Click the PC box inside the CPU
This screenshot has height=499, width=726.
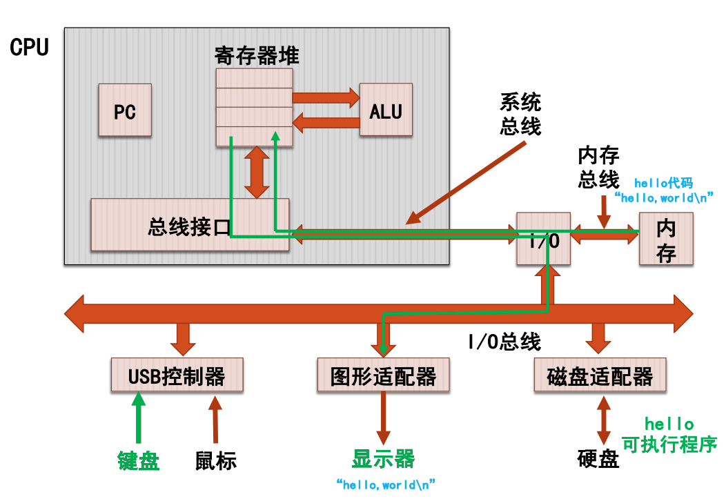click(x=125, y=111)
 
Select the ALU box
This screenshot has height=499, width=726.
click(x=386, y=110)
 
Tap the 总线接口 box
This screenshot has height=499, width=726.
click(x=190, y=225)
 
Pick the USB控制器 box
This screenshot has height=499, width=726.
click(x=177, y=375)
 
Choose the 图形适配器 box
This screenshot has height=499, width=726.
click(x=383, y=375)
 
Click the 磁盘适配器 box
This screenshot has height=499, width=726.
click(x=600, y=375)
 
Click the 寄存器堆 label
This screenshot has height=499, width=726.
click(x=256, y=55)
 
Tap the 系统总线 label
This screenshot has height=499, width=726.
click(x=520, y=115)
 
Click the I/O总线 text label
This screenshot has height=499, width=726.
click(x=504, y=341)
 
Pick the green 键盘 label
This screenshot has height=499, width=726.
click(x=139, y=460)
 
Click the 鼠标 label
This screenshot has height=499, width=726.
click(x=215, y=460)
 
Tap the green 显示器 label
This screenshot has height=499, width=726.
click(x=383, y=458)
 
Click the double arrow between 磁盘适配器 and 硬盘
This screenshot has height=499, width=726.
click(x=604, y=420)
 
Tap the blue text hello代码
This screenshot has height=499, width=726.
click(x=663, y=183)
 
